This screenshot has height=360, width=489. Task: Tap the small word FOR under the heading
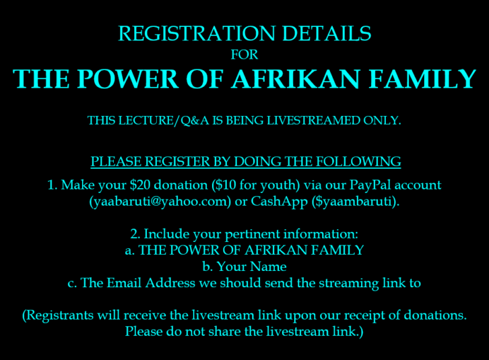click(x=244, y=55)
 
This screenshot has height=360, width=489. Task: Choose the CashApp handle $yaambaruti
click(x=355, y=202)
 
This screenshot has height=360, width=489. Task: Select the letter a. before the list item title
click(x=130, y=251)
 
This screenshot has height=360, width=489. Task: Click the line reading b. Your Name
click(x=244, y=267)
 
